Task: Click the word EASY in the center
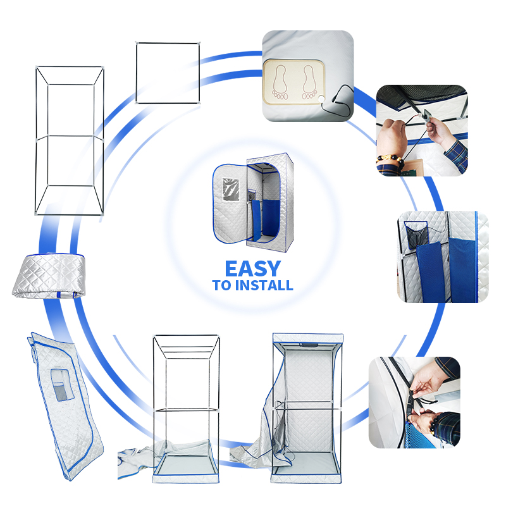point(253,268)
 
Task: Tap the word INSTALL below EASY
point(264,286)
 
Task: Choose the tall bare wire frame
point(70,139)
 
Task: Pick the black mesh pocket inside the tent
point(415,237)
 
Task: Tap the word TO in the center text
point(222,286)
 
